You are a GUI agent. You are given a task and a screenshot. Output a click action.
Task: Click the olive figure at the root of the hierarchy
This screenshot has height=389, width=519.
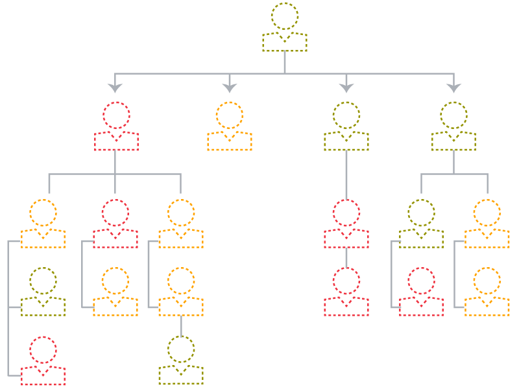[x=285, y=29]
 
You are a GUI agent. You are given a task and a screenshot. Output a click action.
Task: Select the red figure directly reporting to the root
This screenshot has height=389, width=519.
[x=116, y=127]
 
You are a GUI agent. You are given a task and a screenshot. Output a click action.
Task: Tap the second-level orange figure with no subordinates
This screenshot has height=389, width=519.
[x=230, y=127]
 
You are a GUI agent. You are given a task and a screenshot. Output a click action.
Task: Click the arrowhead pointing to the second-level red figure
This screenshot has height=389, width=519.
[x=115, y=88]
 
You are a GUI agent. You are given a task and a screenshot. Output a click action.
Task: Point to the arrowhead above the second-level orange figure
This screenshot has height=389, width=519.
[x=230, y=88]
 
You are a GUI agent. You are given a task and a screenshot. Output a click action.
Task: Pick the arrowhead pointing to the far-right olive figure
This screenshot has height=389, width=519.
[x=453, y=88]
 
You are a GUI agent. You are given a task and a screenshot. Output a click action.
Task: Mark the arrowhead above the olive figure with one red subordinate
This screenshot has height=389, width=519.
[x=346, y=88]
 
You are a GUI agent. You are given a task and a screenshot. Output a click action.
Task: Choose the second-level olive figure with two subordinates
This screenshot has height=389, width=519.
[x=453, y=127]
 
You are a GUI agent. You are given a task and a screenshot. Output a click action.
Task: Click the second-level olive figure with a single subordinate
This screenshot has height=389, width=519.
[x=346, y=127]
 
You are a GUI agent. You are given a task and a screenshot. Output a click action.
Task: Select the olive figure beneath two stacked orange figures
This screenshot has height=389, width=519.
[x=181, y=360]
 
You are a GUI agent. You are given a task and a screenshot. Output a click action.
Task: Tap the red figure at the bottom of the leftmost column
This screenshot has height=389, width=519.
[x=43, y=360]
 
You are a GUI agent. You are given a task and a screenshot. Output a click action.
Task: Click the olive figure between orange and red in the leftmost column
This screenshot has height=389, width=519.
[x=43, y=292]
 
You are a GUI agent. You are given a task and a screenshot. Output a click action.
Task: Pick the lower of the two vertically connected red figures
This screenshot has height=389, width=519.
[x=346, y=292]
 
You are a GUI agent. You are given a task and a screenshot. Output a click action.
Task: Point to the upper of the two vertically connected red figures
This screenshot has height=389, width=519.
[x=346, y=224]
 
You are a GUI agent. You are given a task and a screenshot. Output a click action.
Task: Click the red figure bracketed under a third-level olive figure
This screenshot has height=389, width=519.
[x=421, y=292]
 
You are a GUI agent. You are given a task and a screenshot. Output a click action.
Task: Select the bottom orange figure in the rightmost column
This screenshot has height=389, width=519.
[x=487, y=292]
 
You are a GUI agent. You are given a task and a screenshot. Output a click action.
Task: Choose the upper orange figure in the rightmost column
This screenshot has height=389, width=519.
[x=487, y=224]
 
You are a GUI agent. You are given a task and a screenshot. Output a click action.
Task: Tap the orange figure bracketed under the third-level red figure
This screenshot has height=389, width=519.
[x=115, y=292]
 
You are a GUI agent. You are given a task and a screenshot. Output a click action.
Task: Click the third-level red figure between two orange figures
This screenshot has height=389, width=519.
[x=115, y=224]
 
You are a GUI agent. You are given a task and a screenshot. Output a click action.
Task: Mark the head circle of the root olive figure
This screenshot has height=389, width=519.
[x=285, y=16]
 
